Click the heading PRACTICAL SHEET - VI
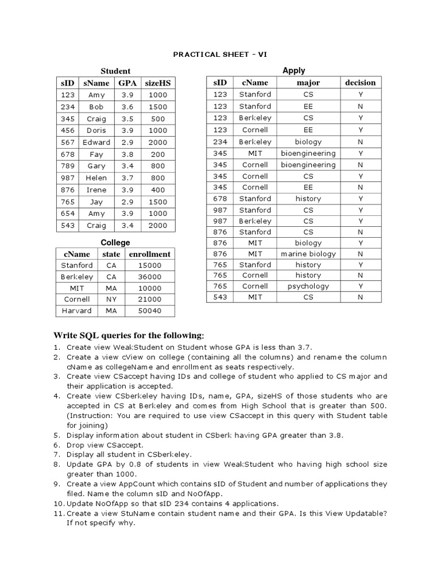click(x=220, y=55)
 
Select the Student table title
click(x=115, y=71)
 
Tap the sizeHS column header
click(x=157, y=83)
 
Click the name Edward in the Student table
click(x=96, y=142)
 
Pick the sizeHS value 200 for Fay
click(x=157, y=154)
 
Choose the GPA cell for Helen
click(x=127, y=178)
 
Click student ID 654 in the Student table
click(x=68, y=214)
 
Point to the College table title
click(x=115, y=243)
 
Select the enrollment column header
click(x=149, y=254)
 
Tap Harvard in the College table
click(x=76, y=311)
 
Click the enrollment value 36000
click(x=149, y=277)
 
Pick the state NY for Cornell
click(x=111, y=299)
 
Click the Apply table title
click(x=294, y=71)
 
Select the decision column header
click(x=360, y=83)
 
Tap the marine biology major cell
click(x=308, y=254)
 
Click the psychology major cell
click(x=308, y=286)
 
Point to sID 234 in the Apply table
click(x=220, y=142)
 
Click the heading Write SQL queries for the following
click(x=129, y=335)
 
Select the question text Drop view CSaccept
click(x=105, y=444)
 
